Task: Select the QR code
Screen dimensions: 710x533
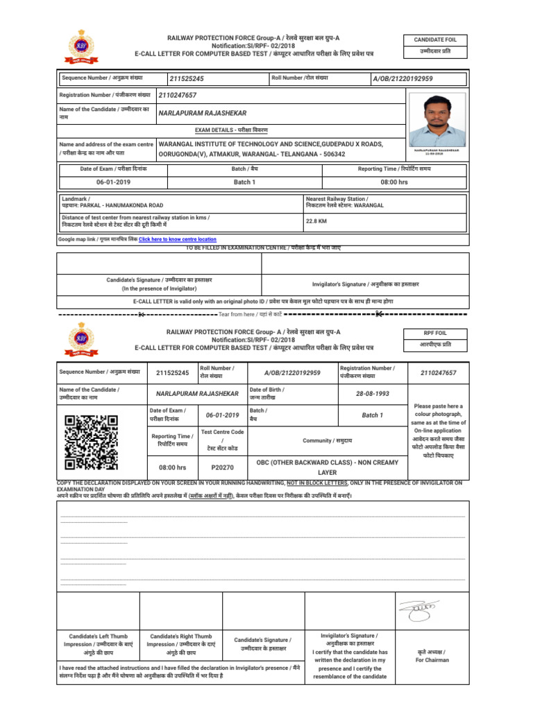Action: (91, 442)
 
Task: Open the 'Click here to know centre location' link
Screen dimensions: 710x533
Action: (178, 239)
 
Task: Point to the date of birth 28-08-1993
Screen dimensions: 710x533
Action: (373, 393)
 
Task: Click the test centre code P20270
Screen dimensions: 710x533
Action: (222, 467)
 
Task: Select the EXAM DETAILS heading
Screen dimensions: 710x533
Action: (228, 130)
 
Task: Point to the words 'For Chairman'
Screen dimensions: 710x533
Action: (432, 660)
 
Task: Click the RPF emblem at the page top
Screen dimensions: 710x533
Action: (81, 46)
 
